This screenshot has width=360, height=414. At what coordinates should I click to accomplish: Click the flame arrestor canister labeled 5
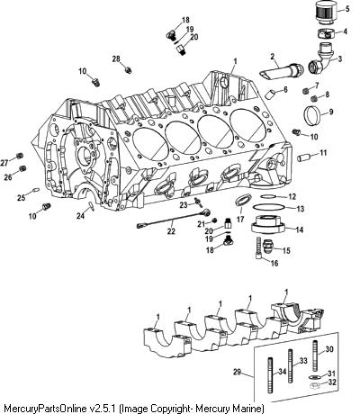point(327,13)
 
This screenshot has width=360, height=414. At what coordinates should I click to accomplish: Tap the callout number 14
point(299,230)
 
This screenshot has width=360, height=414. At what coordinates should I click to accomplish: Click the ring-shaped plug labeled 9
point(310,115)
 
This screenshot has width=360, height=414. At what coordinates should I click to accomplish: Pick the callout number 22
point(171,231)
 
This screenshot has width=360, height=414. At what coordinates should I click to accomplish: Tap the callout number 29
point(237,372)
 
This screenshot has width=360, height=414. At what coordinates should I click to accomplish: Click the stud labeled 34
point(270,375)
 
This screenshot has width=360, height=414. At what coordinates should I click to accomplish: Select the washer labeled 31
point(314,377)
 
